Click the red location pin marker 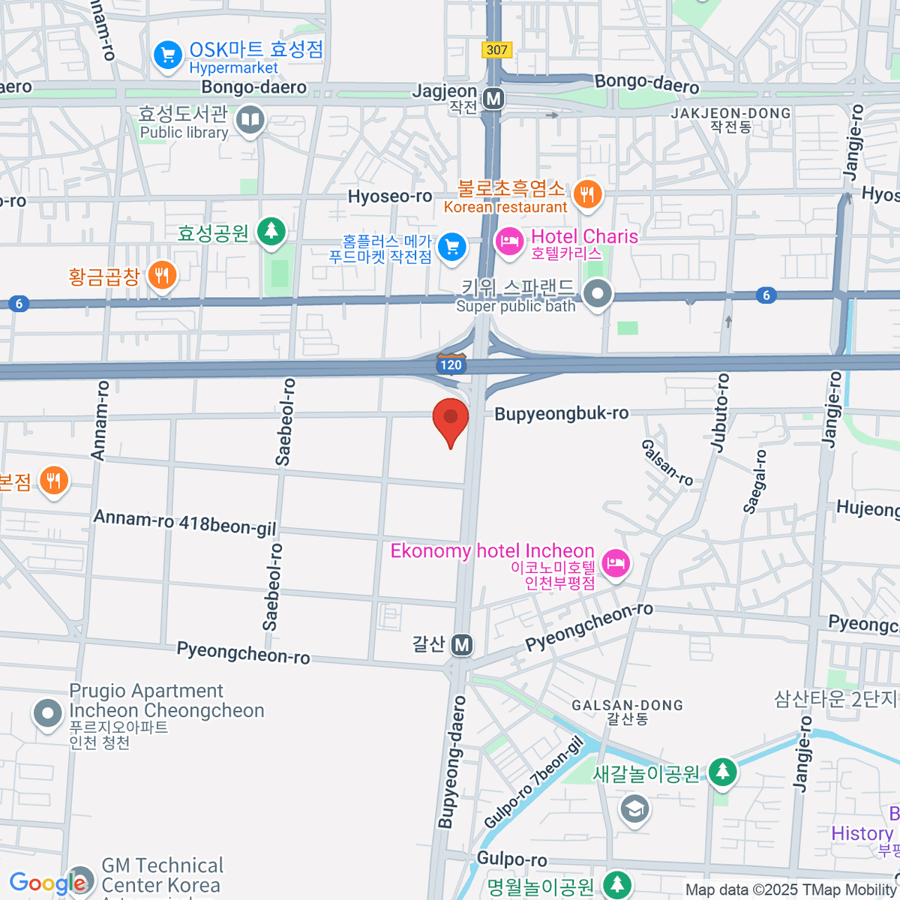451,420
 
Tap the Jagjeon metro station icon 493,99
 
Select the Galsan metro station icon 462,644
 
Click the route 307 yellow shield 496,50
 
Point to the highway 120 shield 451,364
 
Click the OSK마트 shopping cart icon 167,55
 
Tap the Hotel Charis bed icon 509,241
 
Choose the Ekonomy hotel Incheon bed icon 616,562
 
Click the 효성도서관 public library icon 250,119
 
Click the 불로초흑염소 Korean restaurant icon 587,194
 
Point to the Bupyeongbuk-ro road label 561,413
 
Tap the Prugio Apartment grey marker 48,713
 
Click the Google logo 47,883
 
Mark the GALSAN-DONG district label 627,706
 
